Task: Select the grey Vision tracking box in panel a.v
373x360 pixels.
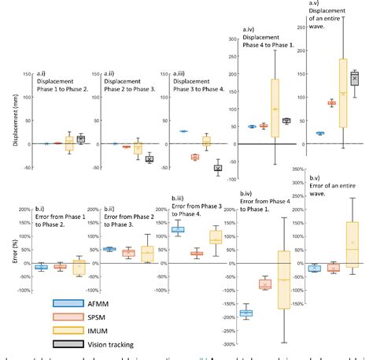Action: tap(355, 79)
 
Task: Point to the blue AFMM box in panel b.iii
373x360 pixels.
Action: tap(178, 229)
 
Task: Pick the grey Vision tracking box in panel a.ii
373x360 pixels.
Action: tap(150, 159)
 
